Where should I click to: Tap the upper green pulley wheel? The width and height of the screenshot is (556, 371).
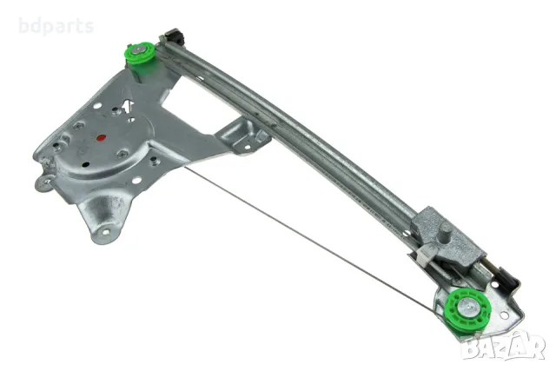[x=141, y=56]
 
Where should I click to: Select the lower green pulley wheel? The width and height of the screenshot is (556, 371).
[x=467, y=306]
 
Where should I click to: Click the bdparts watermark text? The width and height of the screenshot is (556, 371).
[x=56, y=27]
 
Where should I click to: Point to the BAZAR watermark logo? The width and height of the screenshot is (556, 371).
[x=504, y=345]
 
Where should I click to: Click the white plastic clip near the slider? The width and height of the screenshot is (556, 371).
[x=427, y=255]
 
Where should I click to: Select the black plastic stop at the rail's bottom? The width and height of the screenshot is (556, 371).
[x=505, y=278]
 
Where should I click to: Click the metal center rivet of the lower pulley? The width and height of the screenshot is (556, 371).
[x=465, y=304]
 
